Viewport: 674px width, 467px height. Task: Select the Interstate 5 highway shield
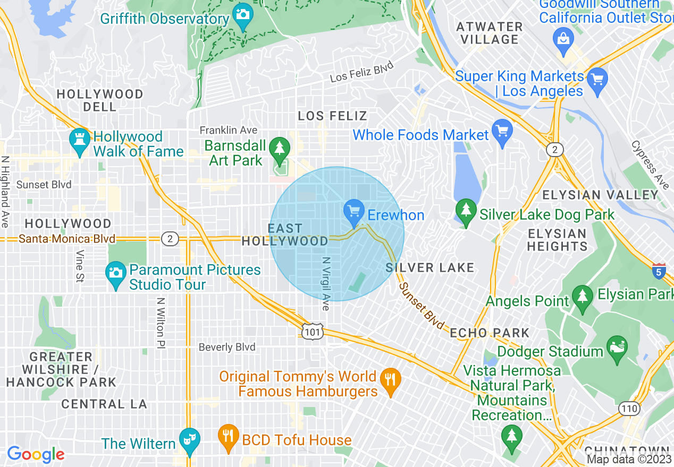pyautogui.click(x=659, y=270)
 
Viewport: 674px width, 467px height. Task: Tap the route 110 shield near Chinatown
pyautogui.click(x=628, y=408)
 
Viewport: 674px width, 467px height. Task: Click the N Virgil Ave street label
pyautogui.click(x=326, y=284)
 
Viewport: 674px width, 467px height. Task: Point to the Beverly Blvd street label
pyautogui.click(x=227, y=347)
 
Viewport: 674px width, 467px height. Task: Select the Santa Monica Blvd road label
pyautogui.click(x=67, y=239)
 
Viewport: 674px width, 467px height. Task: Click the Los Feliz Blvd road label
pyautogui.click(x=362, y=72)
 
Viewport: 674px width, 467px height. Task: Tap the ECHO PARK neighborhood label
pyautogui.click(x=490, y=333)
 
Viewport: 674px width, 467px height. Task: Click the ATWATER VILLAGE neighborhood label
pyautogui.click(x=490, y=33)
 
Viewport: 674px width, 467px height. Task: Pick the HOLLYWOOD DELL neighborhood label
pyautogui.click(x=100, y=100)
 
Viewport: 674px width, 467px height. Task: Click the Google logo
pyautogui.click(x=36, y=454)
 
